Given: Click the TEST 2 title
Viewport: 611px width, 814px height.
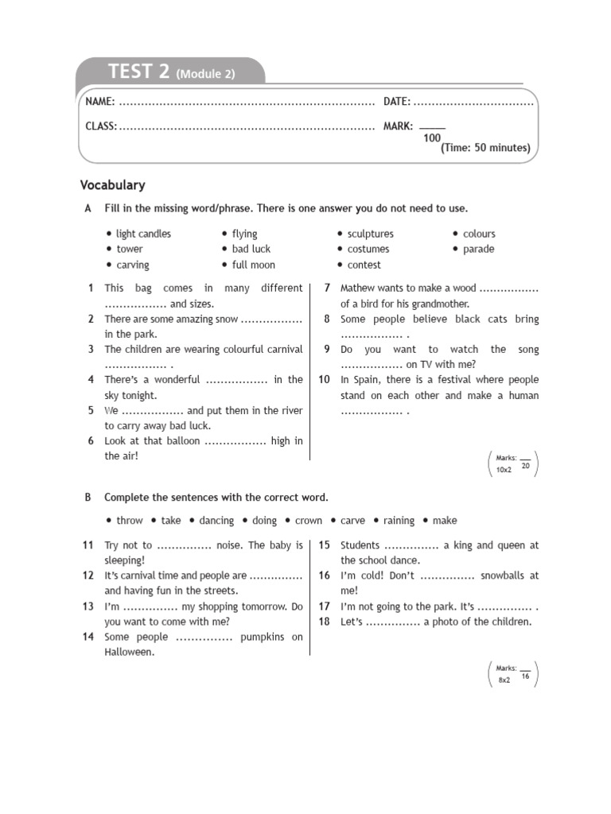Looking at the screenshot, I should [x=139, y=72].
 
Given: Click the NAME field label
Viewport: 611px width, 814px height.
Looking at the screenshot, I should [x=100, y=102].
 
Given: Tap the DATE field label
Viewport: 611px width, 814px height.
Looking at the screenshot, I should [x=397, y=102].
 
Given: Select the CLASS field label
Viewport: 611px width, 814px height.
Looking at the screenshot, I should [x=101, y=126].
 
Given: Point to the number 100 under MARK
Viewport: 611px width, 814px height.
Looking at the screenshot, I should [x=432, y=138].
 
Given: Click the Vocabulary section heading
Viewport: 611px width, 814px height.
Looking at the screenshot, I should [x=112, y=185].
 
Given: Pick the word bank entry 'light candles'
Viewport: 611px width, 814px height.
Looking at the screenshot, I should [x=143, y=234].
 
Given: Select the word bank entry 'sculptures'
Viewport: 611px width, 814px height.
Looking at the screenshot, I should [x=370, y=234].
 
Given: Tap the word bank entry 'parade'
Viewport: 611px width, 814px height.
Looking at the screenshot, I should [x=478, y=249].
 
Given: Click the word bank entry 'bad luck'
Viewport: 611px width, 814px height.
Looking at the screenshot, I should [x=251, y=249].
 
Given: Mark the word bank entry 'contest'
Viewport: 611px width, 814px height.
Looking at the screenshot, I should [x=364, y=265].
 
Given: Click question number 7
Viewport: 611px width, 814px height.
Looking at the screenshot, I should [x=327, y=288].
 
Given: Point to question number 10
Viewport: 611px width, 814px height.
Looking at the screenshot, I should [x=324, y=380].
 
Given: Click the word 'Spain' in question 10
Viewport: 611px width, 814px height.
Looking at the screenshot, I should [x=366, y=380].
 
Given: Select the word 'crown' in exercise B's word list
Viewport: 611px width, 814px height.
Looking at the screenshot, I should [x=309, y=521].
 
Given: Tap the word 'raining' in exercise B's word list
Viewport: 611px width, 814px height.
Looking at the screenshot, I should [x=399, y=521].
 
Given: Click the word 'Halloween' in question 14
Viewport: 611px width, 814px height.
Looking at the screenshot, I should [x=129, y=652].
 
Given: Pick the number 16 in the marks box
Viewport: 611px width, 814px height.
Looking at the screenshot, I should [x=525, y=676].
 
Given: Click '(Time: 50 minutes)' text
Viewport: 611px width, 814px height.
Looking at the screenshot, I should [x=485, y=148].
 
